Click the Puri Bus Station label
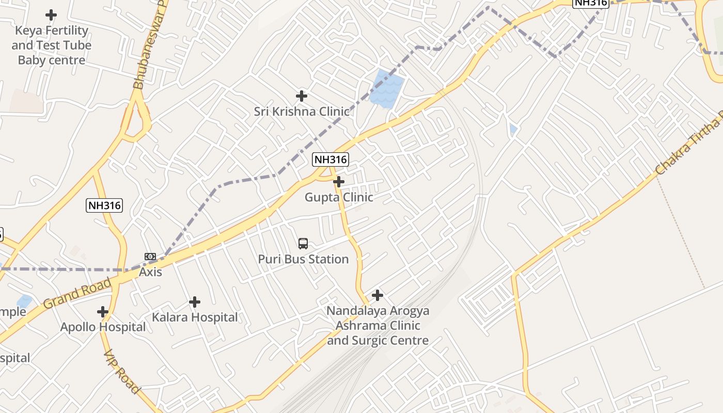[x=303, y=259]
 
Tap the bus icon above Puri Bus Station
[x=303, y=244]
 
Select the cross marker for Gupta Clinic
[x=339, y=182]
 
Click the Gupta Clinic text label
[x=339, y=197]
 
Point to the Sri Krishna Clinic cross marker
[x=302, y=96]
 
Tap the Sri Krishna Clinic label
[x=302, y=112]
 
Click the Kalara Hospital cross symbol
[x=195, y=302]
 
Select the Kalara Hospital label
[x=195, y=317]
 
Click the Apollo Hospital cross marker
[x=103, y=312]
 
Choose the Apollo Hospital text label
[x=103, y=327]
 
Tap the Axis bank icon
[x=150, y=257]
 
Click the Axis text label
[x=150, y=272]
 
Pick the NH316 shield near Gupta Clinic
[x=331, y=160]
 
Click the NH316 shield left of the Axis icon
[x=104, y=205]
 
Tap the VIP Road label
[x=122, y=372]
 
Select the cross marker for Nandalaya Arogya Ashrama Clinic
[x=378, y=295]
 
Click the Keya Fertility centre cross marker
[x=51, y=15]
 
